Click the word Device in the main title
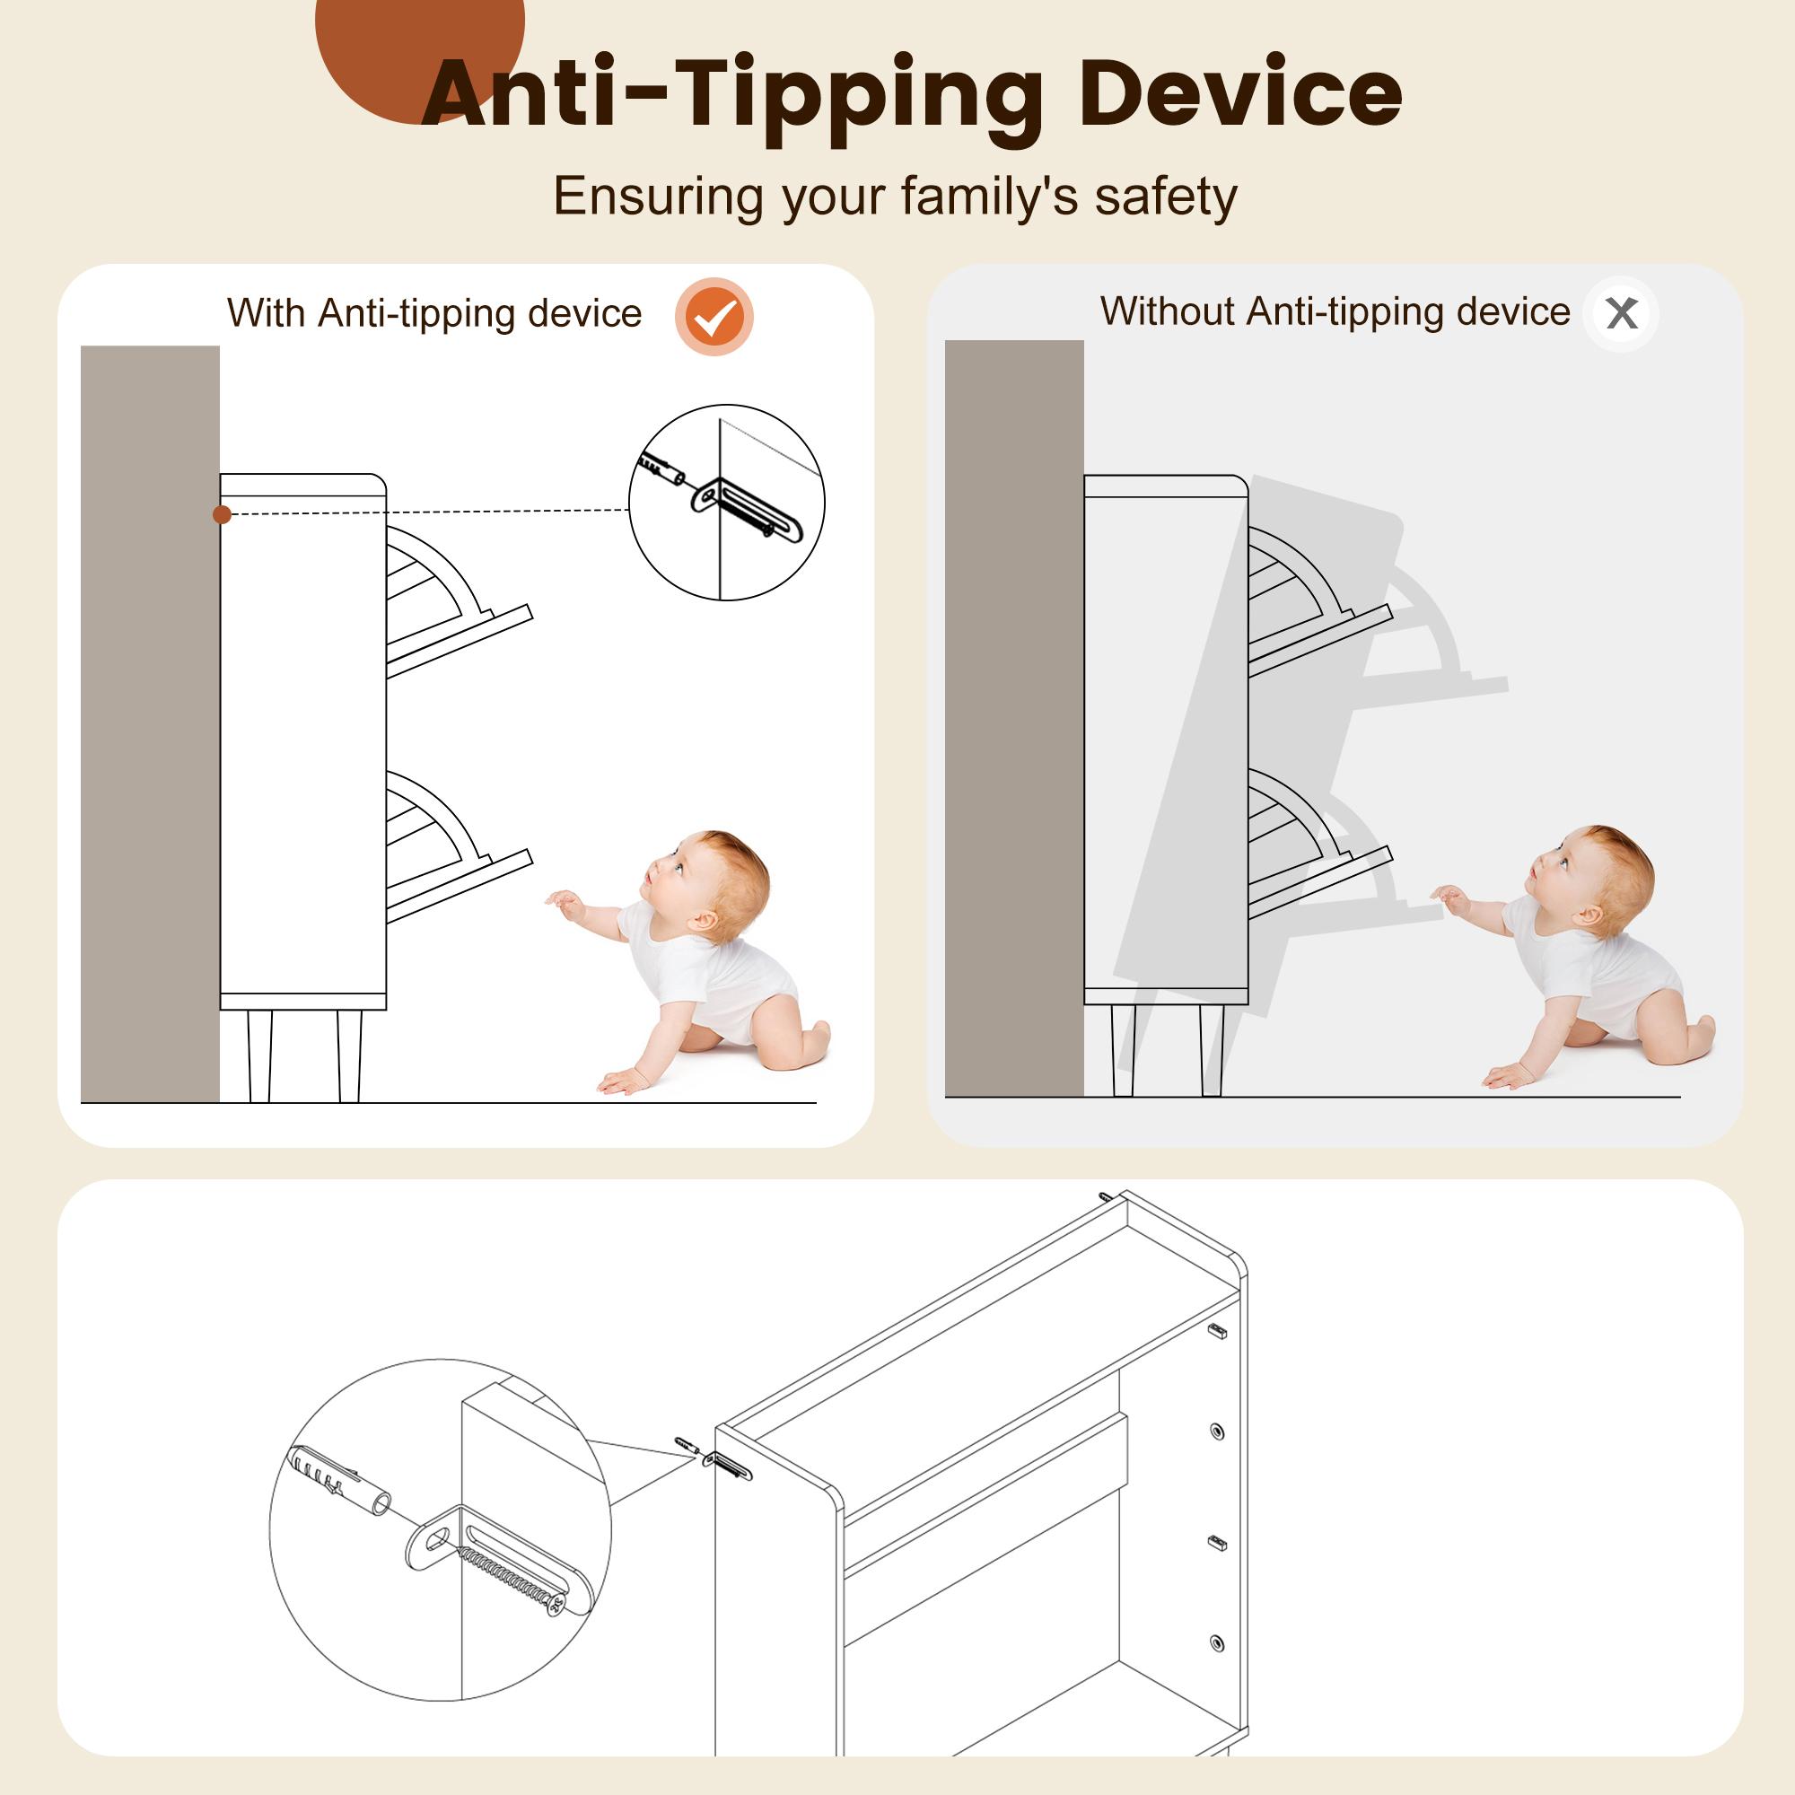pos(1240,93)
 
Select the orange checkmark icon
pos(714,316)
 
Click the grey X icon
pos(1621,314)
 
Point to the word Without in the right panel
pos(1168,311)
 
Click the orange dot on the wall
pos(222,513)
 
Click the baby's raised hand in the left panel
pos(564,901)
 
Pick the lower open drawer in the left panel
pos(455,845)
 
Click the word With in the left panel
pos(267,314)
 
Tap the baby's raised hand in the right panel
pos(1449,897)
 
